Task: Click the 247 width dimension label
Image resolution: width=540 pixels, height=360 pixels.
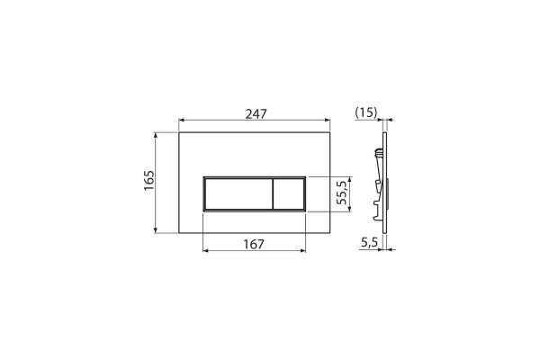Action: (256, 113)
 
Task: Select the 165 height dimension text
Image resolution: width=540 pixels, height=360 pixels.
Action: (148, 181)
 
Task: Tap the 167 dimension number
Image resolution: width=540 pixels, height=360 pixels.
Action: (254, 244)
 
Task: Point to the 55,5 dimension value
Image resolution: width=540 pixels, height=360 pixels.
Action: (342, 193)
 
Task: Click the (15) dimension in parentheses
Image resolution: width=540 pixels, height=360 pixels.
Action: (366, 112)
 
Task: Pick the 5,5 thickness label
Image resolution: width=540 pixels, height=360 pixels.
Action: (369, 243)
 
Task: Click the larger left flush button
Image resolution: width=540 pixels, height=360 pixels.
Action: (238, 194)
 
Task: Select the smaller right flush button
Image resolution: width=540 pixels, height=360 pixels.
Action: (289, 194)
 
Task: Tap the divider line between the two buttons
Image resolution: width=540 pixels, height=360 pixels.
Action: (273, 194)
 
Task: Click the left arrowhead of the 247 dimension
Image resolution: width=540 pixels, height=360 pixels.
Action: (182, 121)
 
